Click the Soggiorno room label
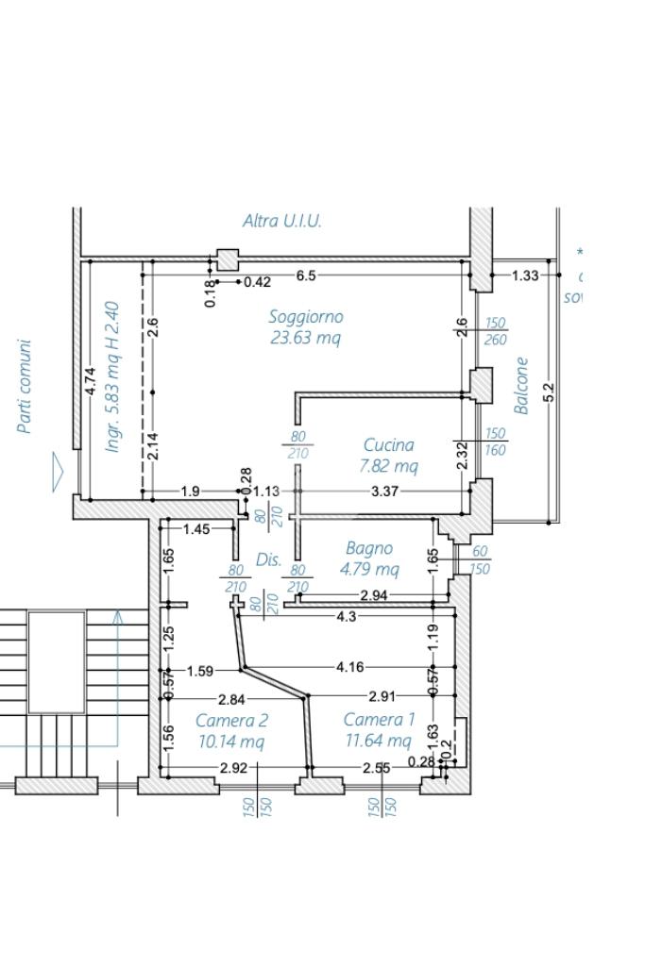(306, 317)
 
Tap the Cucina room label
(388, 444)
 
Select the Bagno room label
(369, 548)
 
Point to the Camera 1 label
(379, 720)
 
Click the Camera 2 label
(231, 720)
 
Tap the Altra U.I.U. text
(282, 221)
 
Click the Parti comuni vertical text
(25, 386)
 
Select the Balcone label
(521, 385)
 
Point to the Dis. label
(269, 559)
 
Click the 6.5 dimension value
(306, 275)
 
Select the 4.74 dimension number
(90, 382)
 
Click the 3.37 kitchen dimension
(385, 491)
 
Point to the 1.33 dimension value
(525, 275)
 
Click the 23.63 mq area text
(306, 337)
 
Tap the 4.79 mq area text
(369, 569)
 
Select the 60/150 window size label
(480, 559)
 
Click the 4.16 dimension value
(349, 667)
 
